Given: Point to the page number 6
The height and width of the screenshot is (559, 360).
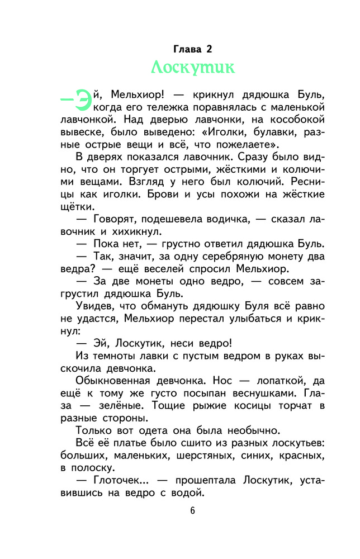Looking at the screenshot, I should [x=192, y=510].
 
